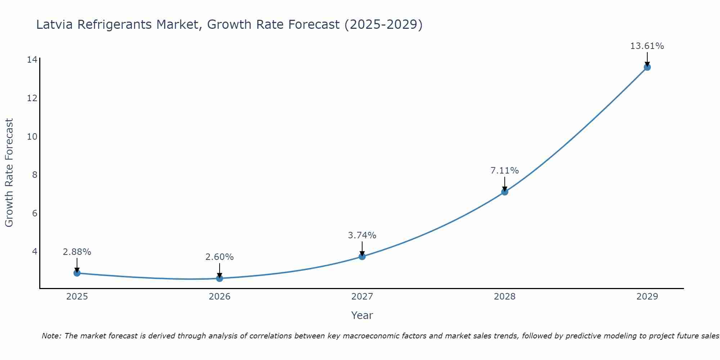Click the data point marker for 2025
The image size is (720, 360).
pyautogui.click(x=77, y=273)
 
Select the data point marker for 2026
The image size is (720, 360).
pyautogui.click(x=219, y=278)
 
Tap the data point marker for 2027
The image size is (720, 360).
pyautogui.click(x=362, y=256)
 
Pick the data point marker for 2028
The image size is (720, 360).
pyautogui.click(x=504, y=192)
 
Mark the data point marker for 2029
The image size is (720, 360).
pyautogui.click(x=647, y=67)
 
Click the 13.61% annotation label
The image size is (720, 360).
pyautogui.click(x=647, y=46)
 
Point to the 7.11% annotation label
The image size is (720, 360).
pyautogui.click(x=504, y=171)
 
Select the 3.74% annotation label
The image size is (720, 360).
pyautogui.click(x=362, y=235)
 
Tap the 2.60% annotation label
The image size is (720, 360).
pyautogui.click(x=219, y=257)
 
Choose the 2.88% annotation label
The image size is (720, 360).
pyautogui.click(x=77, y=252)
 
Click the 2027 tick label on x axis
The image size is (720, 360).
pyautogui.click(x=362, y=297)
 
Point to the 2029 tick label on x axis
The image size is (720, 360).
pyautogui.click(x=647, y=297)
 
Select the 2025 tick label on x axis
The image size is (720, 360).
pyautogui.click(x=77, y=297)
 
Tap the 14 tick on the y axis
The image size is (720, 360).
pyautogui.click(x=32, y=59)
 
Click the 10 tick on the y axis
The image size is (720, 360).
pyautogui.click(x=32, y=136)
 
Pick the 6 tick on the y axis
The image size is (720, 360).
pyautogui.click(x=35, y=213)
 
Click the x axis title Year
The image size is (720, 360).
pyautogui.click(x=362, y=315)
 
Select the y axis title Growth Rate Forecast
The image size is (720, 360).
pyautogui.click(x=9, y=173)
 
